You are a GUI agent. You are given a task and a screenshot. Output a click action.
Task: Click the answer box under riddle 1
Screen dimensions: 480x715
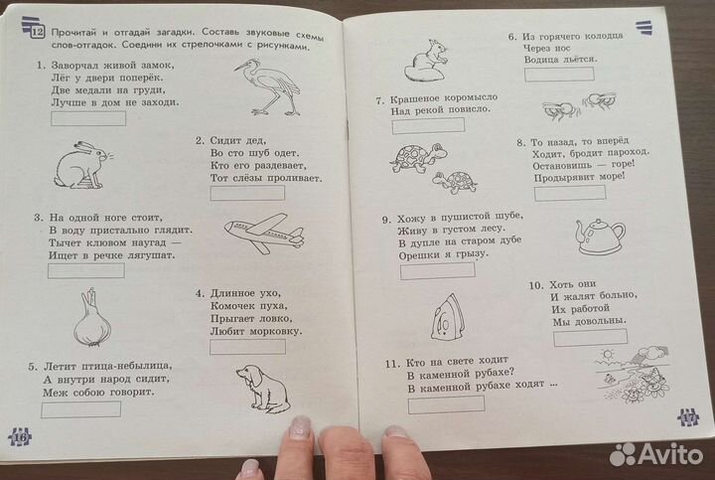88,118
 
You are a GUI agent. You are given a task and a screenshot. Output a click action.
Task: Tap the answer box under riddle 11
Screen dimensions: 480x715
446,402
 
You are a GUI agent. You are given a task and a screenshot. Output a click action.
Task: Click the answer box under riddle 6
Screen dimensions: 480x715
561,73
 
